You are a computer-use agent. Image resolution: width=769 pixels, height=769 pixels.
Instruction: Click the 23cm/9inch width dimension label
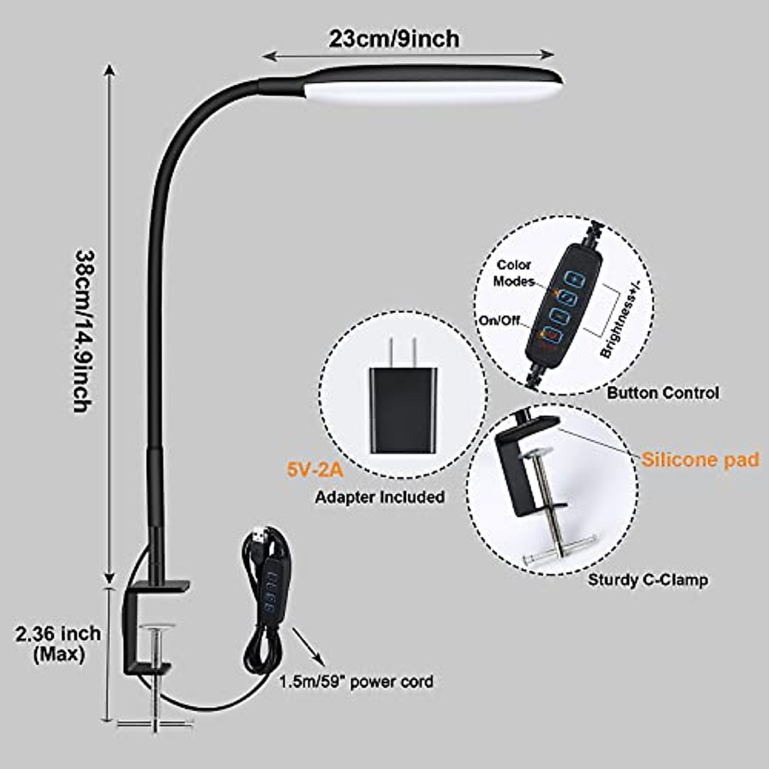click(x=394, y=39)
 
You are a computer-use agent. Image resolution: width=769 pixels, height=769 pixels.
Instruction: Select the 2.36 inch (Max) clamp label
click(x=58, y=643)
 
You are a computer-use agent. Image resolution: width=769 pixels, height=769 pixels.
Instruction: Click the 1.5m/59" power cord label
click(x=356, y=681)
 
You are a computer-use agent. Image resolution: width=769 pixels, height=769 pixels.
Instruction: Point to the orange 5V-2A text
click(x=315, y=471)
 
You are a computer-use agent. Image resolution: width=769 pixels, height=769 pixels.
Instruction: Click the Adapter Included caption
click(x=379, y=497)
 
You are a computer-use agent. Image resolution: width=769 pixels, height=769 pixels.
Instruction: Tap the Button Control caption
click(x=663, y=392)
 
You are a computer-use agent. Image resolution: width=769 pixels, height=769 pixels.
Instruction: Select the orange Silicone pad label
click(x=700, y=459)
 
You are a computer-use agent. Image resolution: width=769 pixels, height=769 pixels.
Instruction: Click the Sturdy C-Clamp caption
click(x=648, y=580)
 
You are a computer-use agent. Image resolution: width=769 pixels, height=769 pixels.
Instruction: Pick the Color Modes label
click(x=514, y=272)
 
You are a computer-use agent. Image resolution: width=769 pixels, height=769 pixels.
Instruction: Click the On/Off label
click(x=500, y=320)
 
